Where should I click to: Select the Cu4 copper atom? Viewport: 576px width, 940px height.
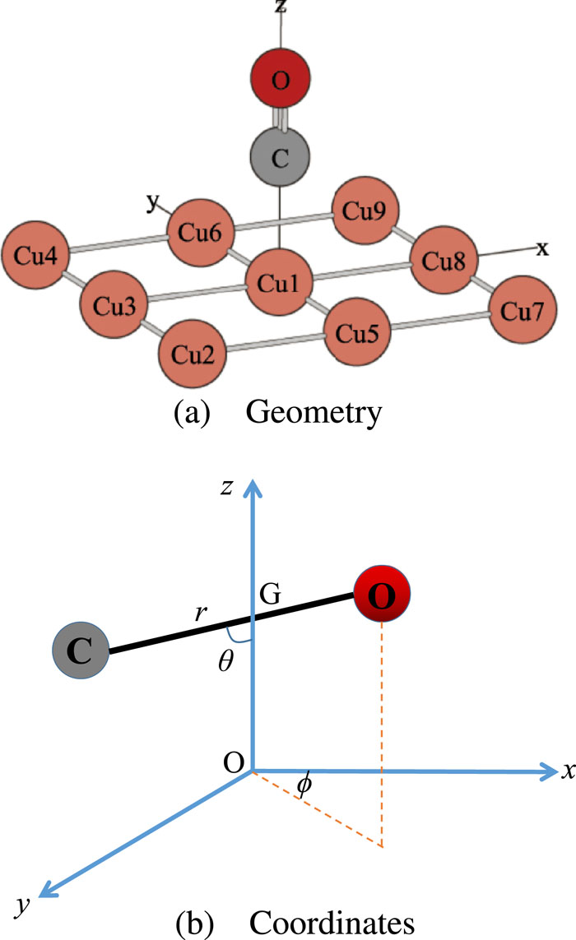coord(35,254)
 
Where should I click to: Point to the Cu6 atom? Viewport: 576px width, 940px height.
coord(200,231)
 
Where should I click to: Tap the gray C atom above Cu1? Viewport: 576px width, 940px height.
coord(281,158)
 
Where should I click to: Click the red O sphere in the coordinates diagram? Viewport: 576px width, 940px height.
coord(381,594)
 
